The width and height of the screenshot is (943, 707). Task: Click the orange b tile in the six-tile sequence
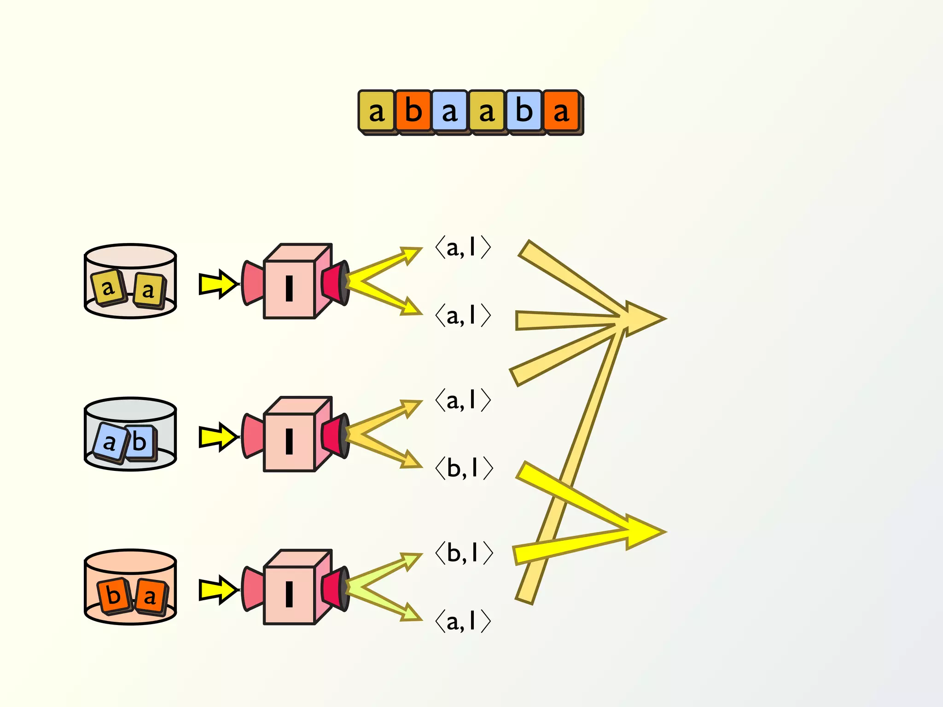[x=413, y=111]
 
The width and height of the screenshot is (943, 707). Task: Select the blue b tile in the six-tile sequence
[x=524, y=111]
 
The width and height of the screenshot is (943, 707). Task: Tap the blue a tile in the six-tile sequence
[x=450, y=111]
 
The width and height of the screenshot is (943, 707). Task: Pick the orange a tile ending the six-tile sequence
[x=561, y=111]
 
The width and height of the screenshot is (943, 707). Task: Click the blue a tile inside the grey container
[x=109, y=443]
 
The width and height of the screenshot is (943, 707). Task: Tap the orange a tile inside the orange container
[x=150, y=597]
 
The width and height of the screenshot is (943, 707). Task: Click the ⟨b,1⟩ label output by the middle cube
[x=464, y=468]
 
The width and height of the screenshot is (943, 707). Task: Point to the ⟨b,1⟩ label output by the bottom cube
[x=464, y=553]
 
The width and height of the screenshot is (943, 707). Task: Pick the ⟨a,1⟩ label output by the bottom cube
[x=463, y=621]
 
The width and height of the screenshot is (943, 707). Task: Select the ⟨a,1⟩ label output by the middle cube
[x=463, y=400]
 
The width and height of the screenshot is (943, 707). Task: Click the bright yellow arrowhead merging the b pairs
[x=645, y=532]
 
